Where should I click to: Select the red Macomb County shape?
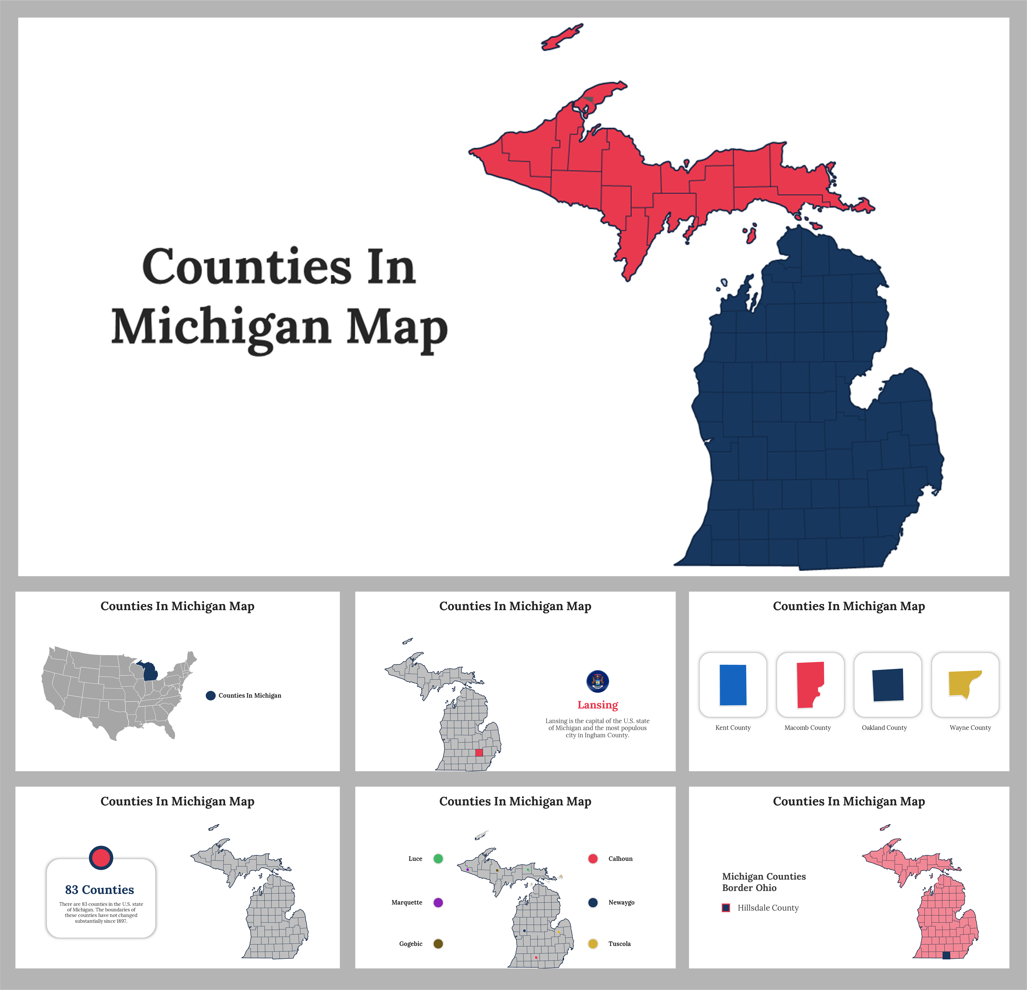coord(809,684)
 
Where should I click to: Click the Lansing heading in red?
coord(597,705)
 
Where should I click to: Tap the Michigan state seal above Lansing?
coord(597,681)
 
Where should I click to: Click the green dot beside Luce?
coord(438,858)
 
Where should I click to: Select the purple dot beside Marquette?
coord(438,902)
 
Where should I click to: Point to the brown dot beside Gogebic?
coord(438,944)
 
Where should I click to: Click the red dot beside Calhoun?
coord(593,858)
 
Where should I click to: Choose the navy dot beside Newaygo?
coord(593,902)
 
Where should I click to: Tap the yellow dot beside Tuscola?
coord(593,944)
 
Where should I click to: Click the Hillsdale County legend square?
coord(726,908)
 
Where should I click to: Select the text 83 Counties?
coord(100,889)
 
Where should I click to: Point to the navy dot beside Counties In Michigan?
coord(211,695)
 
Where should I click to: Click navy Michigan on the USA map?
coord(150,672)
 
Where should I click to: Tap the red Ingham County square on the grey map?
coord(479,752)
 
